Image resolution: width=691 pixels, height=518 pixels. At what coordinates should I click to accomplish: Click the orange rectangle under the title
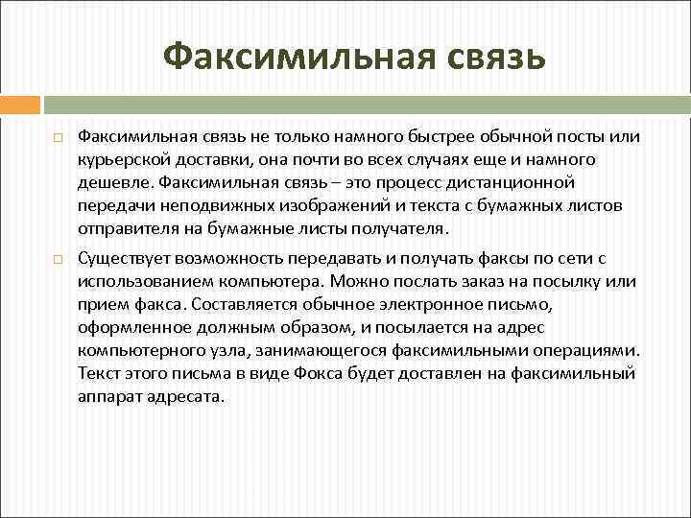pos(20,105)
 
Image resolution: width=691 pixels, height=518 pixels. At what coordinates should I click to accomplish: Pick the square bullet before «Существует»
pos(59,259)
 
